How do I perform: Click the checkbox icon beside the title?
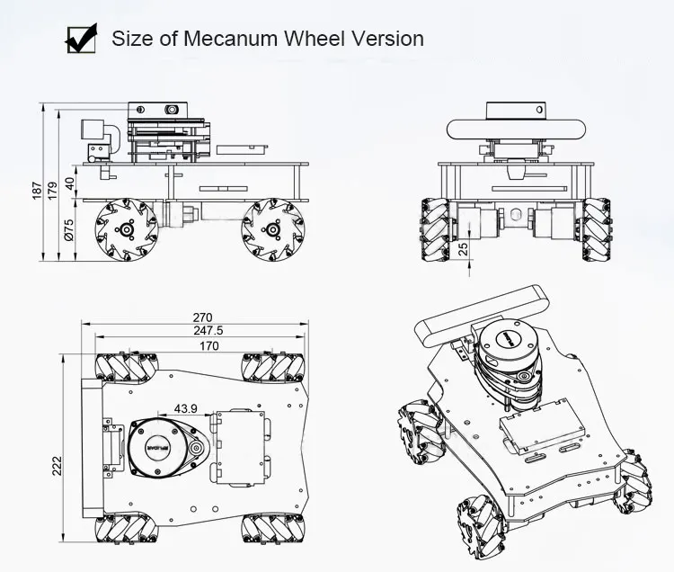pyautogui.click(x=82, y=39)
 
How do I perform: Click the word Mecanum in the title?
pyautogui.click(x=237, y=39)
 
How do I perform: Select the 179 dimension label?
pyautogui.click(x=52, y=190)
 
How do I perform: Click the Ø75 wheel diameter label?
pyautogui.click(x=69, y=231)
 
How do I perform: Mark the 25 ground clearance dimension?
pyautogui.click(x=462, y=247)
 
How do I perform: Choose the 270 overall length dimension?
pyautogui.click(x=202, y=317)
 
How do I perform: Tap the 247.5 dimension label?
pyautogui.click(x=208, y=330)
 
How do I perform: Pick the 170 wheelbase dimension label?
pyautogui.click(x=208, y=344)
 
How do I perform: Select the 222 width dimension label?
pyautogui.click(x=57, y=465)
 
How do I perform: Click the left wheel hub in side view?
pyautogui.click(x=127, y=230)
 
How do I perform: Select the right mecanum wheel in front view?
pyautogui.click(x=597, y=229)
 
